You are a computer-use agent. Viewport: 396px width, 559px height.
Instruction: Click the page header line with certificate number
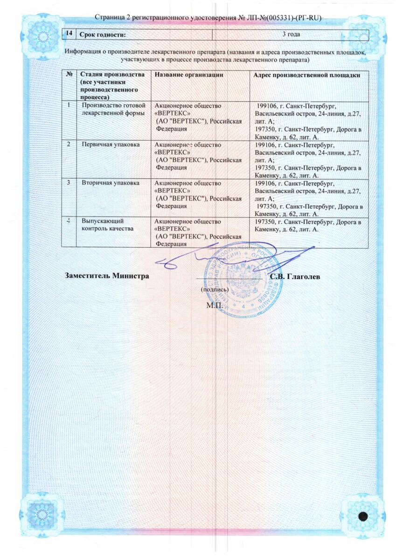pyautogui.click(x=208, y=18)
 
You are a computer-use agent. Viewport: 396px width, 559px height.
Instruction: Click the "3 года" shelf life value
pyautogui.click(x=291, y=34)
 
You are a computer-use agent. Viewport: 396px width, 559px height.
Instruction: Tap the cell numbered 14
pyautogui.click(x=69, y=34)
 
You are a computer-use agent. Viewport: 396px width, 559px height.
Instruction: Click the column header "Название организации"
pyautogui.click(x=186, y=75)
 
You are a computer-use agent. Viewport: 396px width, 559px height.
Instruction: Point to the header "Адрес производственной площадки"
pyautogui.click(x=306, y=75)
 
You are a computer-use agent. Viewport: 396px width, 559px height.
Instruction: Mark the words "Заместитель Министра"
pyautogui.click(x=107, y=276)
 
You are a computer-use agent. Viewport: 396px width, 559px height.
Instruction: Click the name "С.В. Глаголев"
pyautogui.click(x=295, y=276)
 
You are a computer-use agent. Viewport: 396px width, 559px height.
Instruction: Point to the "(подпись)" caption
pyautogui.click(x=214, y=289)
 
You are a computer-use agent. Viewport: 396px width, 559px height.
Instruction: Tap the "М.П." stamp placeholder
pyautogui.click(x=214, y=306)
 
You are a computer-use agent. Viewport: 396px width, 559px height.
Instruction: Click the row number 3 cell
pyautogui.click(x=69, y=183)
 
